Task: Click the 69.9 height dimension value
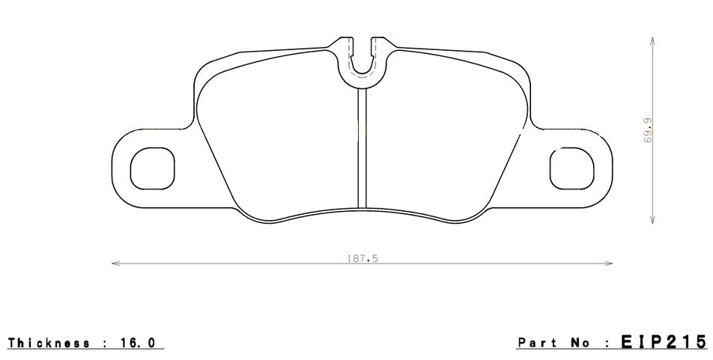click(647, 132)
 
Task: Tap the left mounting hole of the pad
click(152, 168)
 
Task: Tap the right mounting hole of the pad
click(571, 168)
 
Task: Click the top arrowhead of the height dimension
click(654, 41)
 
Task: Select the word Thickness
click(49, 343)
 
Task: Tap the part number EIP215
click(662, 342)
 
